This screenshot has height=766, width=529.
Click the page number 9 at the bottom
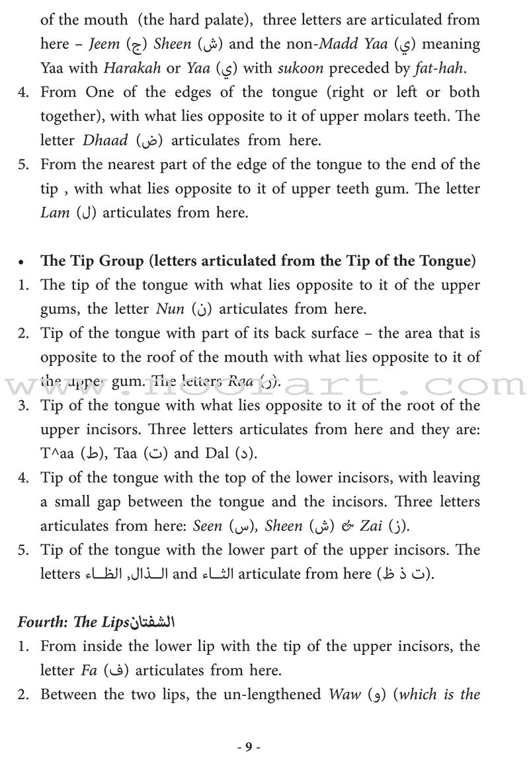tap(249, 729)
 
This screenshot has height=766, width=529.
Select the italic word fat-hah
tap(454, 67)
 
